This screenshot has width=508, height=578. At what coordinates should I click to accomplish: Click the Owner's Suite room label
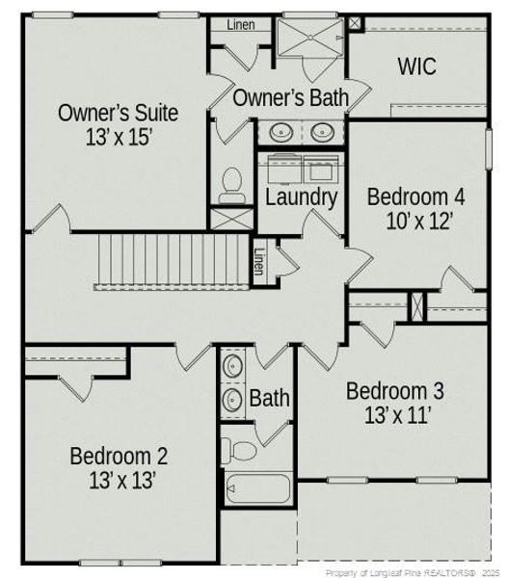(118, 112)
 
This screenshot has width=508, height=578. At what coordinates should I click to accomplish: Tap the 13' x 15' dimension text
(118, 137)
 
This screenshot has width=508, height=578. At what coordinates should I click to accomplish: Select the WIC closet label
(416, 67)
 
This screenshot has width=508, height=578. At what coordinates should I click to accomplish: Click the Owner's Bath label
(290, 97)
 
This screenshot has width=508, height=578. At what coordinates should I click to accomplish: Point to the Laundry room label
(301, 198)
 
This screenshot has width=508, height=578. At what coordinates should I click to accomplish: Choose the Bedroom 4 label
(416, 197)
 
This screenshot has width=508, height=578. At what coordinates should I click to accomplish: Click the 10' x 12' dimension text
(416, 221)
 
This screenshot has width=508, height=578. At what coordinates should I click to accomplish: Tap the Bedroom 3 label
(395, 391)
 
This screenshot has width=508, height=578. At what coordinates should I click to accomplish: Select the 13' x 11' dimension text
(395, 416)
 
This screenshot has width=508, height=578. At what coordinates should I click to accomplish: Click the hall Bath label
(269, 397)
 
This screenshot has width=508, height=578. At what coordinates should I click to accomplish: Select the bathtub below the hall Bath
(258, 489)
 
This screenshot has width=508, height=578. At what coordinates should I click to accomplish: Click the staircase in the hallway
(174, 260)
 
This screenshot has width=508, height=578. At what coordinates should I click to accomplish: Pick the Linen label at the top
(241, 25)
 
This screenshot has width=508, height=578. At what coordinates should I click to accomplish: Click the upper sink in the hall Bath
(232, 367)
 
